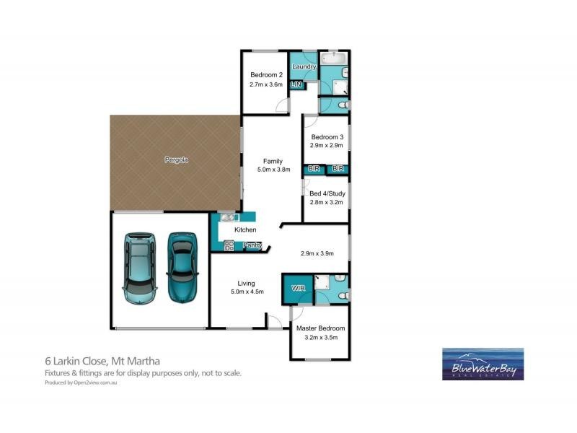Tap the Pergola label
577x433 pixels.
pos(176,159)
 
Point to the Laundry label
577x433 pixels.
pos(304,67)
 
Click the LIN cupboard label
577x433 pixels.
pos(296,84)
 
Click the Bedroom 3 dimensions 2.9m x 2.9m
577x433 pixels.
pos(327,146)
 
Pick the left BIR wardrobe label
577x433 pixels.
pos(314,169)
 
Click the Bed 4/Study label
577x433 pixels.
pos(327,193)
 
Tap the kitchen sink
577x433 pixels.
pos(229,217)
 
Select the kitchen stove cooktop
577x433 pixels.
pos(229,245)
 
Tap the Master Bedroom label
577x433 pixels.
pos(320,328)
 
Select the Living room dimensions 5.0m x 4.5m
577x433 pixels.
pos(247,292)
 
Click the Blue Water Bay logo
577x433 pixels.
pos(483,364)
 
